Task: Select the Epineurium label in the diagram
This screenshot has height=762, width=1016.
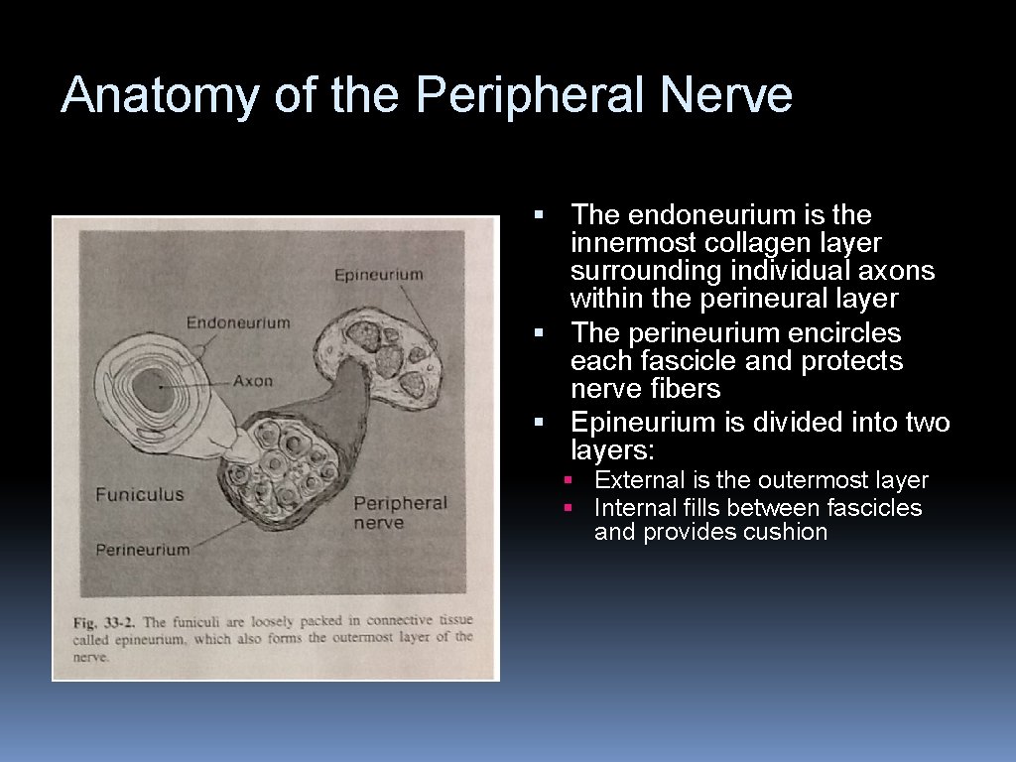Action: [x=378, y=275]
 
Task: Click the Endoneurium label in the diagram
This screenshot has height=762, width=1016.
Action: [x=238, y=322]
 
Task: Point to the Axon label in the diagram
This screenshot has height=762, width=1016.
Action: [x=253, y=380]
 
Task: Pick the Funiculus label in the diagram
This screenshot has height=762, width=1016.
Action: [x=140, y=494]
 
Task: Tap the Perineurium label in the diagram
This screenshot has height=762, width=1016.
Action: [x=142, y=549]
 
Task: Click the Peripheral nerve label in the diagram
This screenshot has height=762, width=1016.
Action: [x=400, y=512]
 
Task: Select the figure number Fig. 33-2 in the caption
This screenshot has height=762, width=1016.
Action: [x=104, y=622]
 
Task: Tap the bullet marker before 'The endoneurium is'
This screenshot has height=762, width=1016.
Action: [x=539, y=215]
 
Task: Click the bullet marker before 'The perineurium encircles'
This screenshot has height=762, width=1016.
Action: [x=539, y=332]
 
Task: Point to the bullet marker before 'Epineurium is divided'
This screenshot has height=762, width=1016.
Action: [x=539, y=424]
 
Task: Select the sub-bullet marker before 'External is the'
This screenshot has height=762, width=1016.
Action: [x=569, y=480]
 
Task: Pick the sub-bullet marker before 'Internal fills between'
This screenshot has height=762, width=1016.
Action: [x=569, y=508]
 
